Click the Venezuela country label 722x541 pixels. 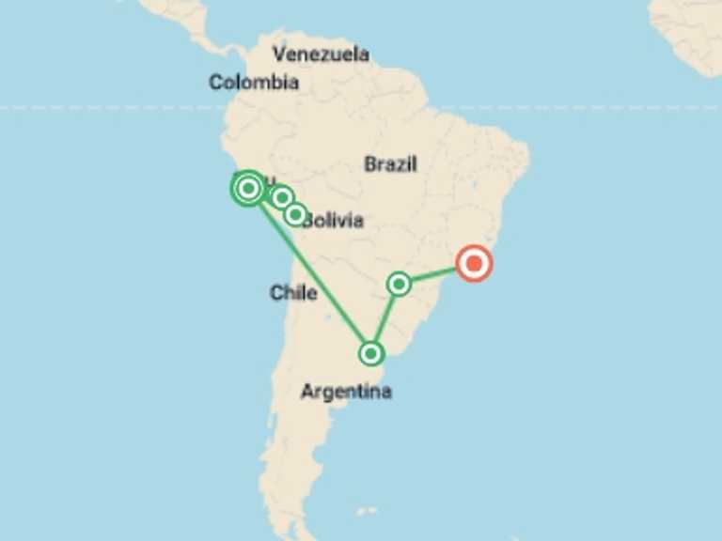(x=320, y=54)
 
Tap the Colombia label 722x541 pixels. (x=254, y=83)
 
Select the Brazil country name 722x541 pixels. (x=390, y=164)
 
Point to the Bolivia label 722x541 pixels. (x=335, y=221)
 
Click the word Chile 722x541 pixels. (x=293, y=293)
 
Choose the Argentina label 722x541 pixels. (x=346, y=392)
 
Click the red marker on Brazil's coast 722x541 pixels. (x=474, y=264)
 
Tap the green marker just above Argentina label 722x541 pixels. (x=371, y=354)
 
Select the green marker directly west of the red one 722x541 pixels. (x=399, y=283)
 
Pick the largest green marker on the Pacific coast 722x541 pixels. (x=248, y=189)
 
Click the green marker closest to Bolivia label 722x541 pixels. (x=295, y=215)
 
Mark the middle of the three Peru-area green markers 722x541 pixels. (x=281, y=198)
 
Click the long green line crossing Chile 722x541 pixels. (x=310, y=271)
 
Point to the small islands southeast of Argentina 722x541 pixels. (x=368, y=512)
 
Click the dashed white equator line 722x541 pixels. (x=564, y=108)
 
